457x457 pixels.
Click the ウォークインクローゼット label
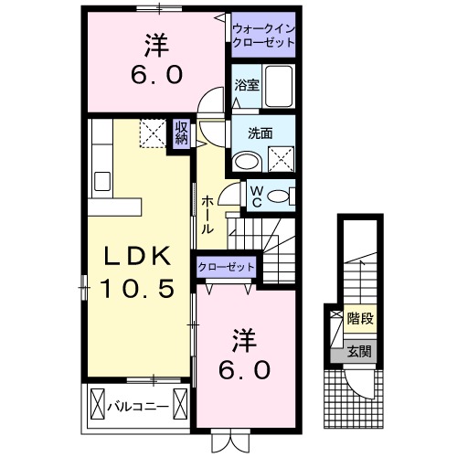[263, 36]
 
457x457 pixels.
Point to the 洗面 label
[260, 132]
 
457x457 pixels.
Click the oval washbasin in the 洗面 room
[246, 161]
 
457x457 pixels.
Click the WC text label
[256, 195]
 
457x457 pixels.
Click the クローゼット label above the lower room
[228, 268]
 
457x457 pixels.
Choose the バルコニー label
[137, 403]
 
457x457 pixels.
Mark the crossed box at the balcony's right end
[180, 402]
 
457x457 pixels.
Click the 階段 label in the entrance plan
[359, 319]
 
